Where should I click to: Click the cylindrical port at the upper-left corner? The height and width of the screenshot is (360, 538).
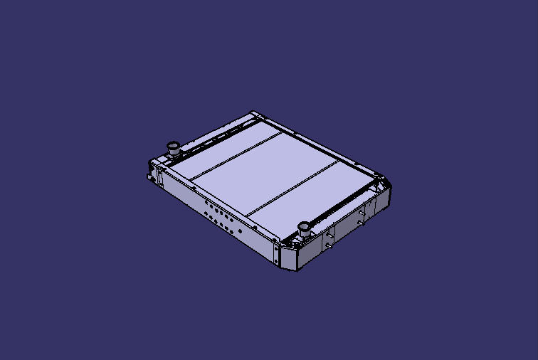tap(172, 148)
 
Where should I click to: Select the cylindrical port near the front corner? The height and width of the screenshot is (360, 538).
tap(304, 228)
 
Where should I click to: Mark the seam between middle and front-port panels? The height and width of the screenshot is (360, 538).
tap(292, 187)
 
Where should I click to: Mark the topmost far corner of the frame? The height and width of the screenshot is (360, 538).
tap(253, 112)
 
